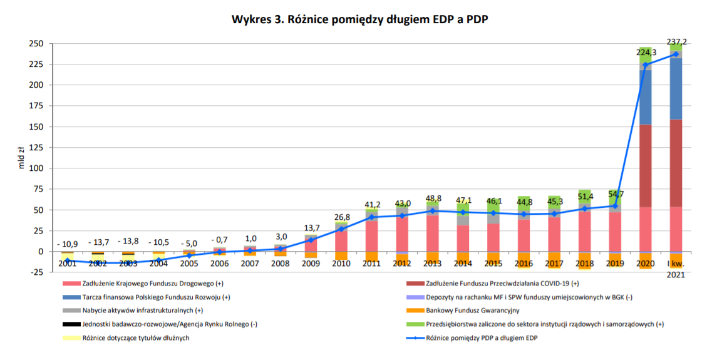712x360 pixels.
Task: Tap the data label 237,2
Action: [x=676, y=42]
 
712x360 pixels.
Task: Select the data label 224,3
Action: [x=646, y=53]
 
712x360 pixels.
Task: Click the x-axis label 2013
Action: [x=433, y=264]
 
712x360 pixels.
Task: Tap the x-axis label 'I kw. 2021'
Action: [x=676, y=269]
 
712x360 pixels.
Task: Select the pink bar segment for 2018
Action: [x=585, y=232]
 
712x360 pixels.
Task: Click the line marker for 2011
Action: [x=372, y=217]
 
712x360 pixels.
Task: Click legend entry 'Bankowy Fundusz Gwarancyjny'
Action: [x=473, y=310]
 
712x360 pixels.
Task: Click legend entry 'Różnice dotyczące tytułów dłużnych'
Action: [x=135, y=338]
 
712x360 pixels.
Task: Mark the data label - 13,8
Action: [x=128, y=241]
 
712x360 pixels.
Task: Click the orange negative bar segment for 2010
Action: [x=341, y=255]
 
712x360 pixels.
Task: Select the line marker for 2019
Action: [x=615, y=206]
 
